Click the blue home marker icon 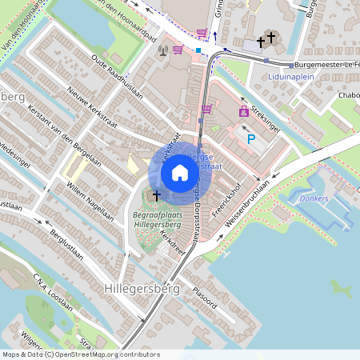point(179,173)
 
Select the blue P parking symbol point(250,139)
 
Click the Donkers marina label point(314,198)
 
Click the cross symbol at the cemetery point(157,195)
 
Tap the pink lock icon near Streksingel point(243,112)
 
